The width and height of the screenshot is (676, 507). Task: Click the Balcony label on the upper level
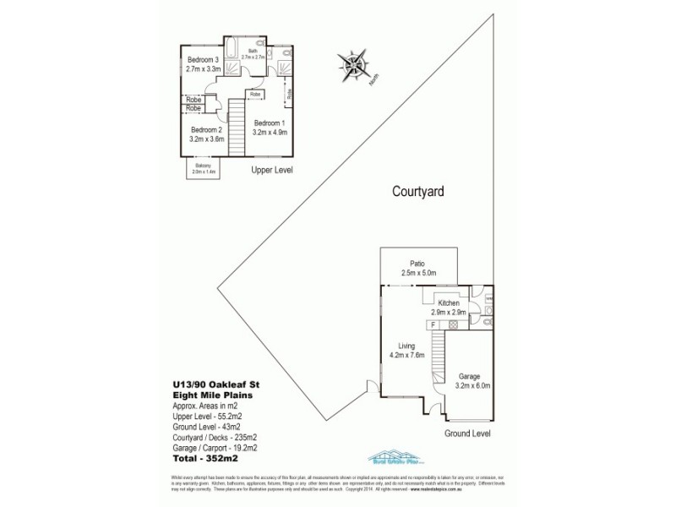click(x=204, y=168)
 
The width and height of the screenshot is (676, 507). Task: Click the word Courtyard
click(x=418, y=191)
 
